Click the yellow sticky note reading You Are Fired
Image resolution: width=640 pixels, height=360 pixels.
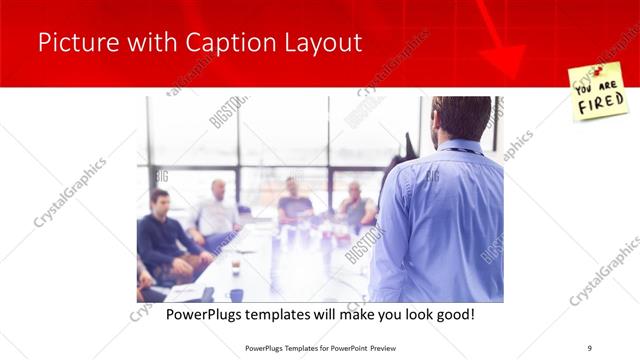tap(596, 92)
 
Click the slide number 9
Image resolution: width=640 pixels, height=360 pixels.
tap(590, 347)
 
